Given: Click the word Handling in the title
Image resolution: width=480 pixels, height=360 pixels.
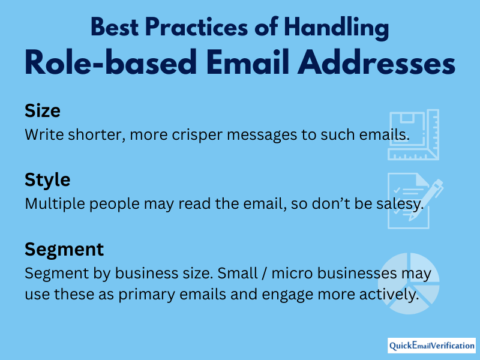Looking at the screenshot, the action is [337, 28].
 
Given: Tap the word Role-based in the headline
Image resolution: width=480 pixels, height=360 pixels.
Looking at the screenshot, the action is [110, 62].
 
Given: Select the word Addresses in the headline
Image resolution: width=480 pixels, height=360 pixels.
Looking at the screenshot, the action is [376, 62].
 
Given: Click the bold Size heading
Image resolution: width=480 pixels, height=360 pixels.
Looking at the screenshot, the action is [42, 110].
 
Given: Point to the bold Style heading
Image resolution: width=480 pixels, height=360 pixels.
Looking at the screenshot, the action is [47, 180].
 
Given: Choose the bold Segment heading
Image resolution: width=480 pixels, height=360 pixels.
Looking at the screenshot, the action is [64, 250].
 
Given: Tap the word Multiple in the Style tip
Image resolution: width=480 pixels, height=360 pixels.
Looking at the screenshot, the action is [55, 204].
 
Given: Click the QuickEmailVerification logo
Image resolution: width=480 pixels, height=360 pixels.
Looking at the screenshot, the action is [431, 346].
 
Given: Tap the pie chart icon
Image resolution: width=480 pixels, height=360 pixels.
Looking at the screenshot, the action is [409, 283].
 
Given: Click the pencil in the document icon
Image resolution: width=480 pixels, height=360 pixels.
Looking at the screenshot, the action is [426, 200].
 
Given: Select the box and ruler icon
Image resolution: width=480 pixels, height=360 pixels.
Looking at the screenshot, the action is [413, 134].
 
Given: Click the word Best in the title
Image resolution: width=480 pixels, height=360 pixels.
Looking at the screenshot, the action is [115, 27].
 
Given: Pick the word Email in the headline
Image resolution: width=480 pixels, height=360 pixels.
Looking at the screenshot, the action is [247, 62].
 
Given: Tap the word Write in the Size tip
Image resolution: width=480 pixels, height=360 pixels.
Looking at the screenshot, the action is [44, 134].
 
